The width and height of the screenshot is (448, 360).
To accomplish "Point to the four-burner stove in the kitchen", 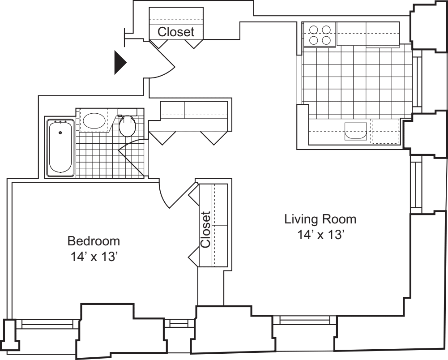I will click(320, 35).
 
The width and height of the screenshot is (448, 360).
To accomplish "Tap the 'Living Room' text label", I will click(320, 219).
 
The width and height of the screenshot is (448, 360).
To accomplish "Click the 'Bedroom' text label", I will click(94, 241).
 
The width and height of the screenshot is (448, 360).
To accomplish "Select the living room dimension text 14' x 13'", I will click(320, 235).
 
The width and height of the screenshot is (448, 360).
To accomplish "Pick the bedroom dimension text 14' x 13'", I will click(94, 257).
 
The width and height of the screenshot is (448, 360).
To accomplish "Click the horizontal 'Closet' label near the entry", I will click(176, 32).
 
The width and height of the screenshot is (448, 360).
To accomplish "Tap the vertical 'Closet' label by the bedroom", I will click(205, 230).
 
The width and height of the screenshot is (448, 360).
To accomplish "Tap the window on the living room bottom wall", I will click(304, 320).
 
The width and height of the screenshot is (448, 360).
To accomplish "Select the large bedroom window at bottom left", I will click(47, 324).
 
